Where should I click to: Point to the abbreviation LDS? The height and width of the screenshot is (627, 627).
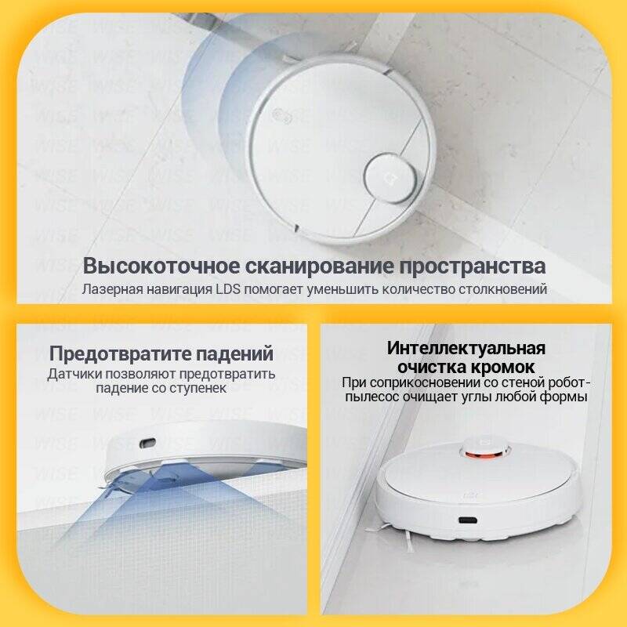tap(228, 289)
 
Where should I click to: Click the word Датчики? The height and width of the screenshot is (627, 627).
tap(73, 375)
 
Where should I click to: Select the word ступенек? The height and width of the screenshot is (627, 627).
tap(198, 389)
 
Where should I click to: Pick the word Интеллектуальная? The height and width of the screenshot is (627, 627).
tap(466, 349)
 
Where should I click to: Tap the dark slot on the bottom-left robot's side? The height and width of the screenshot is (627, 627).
tap(147, 444)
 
